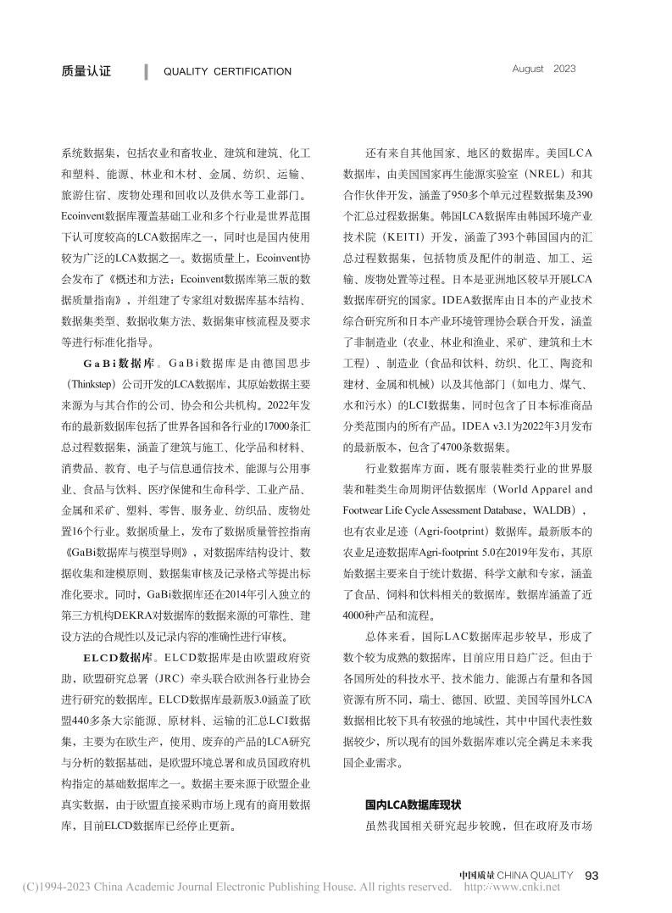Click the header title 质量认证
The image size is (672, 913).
[86, 72]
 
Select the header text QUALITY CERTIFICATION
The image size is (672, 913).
[227, 72]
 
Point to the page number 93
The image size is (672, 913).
[592, 875]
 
